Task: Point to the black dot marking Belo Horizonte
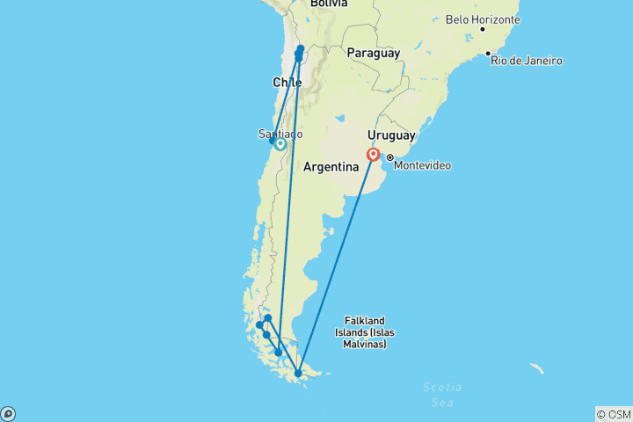[482, 30]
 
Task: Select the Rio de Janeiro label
[527, 61]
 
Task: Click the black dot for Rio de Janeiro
[488, 54]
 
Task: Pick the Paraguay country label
[374, 53]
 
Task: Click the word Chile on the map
[287, 82]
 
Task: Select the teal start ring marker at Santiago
[280, 144]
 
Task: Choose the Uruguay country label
[391, 135]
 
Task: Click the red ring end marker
[374, 155]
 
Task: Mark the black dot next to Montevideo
[389, 158]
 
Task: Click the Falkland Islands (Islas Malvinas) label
[364, 332]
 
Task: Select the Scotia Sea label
[441, 395]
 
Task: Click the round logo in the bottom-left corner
[8, 413]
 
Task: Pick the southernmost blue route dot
[298, 374]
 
